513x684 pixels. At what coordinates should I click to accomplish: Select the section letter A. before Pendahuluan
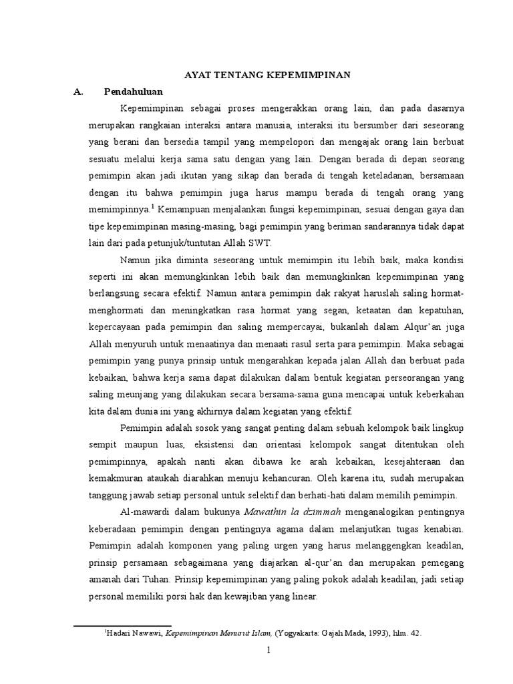click(79, 92)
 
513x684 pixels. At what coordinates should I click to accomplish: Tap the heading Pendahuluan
click(134, 92)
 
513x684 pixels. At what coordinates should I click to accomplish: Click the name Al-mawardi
click(145, 512)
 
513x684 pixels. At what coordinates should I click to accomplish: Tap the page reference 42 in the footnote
click(415, 632)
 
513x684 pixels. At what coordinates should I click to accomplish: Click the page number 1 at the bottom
click(267, 651)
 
